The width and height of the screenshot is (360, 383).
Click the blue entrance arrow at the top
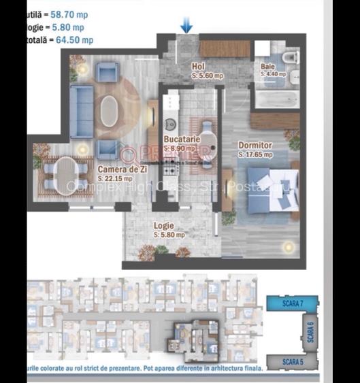pyautogui.click(x=186, y=25)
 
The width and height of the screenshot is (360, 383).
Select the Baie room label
pyautogui.click(x=268, y=66)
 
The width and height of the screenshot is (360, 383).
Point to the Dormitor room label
pyautogui.click(x=255, y=146)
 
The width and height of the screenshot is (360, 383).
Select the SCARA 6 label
pyautogui.click(x=310, y=332)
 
